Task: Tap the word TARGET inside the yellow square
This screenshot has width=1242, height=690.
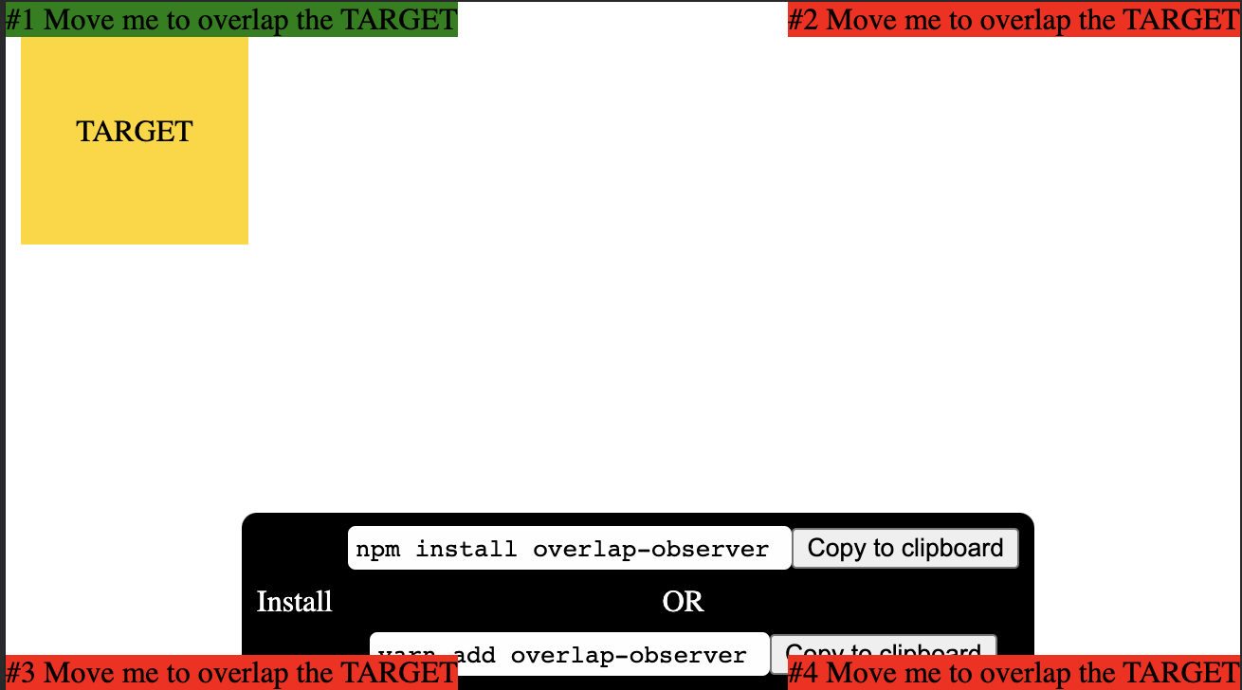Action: click(x=135, y=132)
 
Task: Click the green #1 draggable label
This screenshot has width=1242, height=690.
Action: click(x=231, y=19)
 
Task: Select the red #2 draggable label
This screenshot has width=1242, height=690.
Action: click(x=1014, y=19)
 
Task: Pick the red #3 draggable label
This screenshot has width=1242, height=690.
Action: click(x=231, y=673)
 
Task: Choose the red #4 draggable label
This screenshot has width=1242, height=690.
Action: click(x=1014, y=673)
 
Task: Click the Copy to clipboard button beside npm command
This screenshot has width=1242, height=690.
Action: click(x=904, y=548)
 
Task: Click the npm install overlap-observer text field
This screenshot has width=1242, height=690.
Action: click(x=569, y=549)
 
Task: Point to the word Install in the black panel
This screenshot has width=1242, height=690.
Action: click(x=294, y=602)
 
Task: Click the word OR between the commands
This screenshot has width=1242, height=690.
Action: click(x=683, y=602)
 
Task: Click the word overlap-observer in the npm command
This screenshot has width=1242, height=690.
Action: click(x=650, y=549)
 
